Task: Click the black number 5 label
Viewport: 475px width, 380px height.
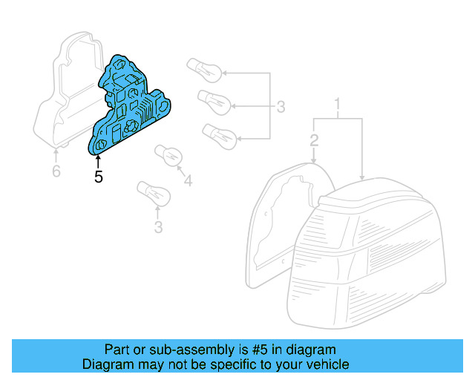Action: coord(98,177)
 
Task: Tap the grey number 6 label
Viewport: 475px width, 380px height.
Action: coord(56,171)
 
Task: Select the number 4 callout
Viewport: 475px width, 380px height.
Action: coord(187,180)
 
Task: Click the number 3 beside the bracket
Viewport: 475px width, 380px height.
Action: coord(281,107)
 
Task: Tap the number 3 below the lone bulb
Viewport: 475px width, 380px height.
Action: coord(158,227)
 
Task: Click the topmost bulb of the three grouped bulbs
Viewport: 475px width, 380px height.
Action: coord(205,68)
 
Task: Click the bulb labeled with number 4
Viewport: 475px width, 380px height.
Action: coord(168,157)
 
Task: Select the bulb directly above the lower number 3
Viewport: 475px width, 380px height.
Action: coord(153,194)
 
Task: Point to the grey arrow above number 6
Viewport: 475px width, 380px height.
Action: coord(56,154)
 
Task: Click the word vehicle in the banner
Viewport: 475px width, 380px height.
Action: coord(323,365)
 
